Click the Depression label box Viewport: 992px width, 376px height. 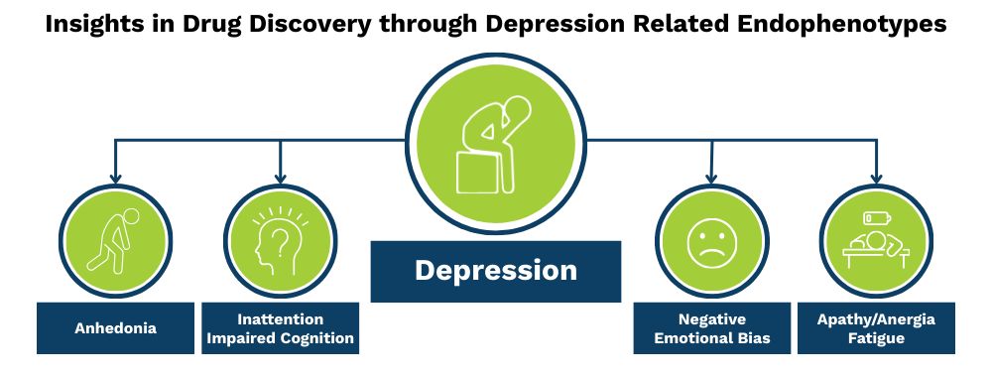pos(495,271)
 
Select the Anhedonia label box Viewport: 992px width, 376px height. pos(115,328)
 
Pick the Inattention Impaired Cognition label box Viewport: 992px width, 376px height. pos(281,328)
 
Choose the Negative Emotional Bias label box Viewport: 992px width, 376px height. pos(711,328)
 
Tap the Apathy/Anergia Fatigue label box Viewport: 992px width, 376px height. pos(876,328)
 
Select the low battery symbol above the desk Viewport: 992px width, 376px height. pos(877,217)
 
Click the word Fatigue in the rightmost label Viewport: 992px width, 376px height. pos(876,338)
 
